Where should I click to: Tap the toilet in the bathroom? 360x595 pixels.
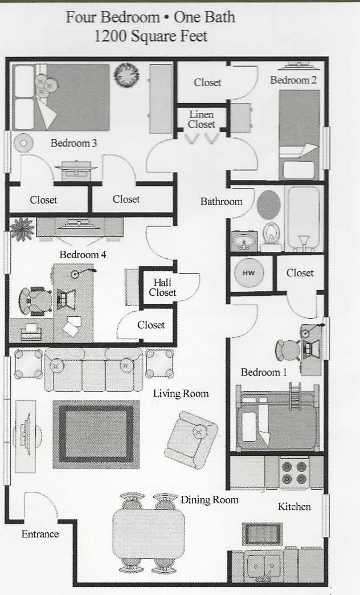point(272,235)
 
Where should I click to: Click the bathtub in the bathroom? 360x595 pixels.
point(303,218)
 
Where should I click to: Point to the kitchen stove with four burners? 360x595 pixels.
point(294,472)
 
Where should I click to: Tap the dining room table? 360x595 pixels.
point(149,533)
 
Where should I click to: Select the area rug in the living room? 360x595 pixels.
point(96,433)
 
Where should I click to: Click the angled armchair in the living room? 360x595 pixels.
point(191,439)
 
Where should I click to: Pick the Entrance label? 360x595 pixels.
point(40,534)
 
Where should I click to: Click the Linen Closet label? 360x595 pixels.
point(202,120)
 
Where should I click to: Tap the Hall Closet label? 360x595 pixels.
point(162,287)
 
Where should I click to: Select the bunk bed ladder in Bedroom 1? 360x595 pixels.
point(295,395)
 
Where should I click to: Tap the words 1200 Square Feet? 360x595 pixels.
point(150,36)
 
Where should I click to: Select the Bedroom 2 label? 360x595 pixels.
point(293,80)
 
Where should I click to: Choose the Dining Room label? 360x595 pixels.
point(209,500)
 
